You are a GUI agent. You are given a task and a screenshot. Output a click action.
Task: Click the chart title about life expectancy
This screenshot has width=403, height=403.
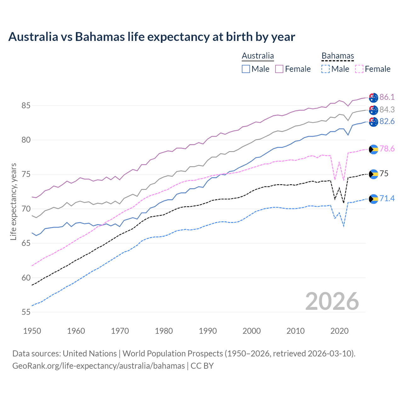[x=151, y=37]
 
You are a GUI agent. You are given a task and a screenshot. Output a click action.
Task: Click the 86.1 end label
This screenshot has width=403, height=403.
[x=387, y=97]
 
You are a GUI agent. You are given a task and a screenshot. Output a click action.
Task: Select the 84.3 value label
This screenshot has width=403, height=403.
[x=387, y=110]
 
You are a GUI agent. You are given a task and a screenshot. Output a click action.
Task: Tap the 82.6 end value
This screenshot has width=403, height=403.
[x=387, y=122]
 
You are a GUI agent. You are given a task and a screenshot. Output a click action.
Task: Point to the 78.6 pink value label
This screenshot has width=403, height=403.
[x=387, y=149]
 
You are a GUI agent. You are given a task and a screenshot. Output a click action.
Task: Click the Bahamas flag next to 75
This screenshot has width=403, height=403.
[x=373, y=174]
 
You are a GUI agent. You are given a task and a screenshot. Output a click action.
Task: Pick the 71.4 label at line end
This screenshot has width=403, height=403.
[x=387, y=198]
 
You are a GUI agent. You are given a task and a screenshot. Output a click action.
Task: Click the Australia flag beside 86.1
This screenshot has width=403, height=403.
[x=373, y=98]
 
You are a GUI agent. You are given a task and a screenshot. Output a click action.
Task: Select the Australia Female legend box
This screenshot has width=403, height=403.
[x=279, y=69]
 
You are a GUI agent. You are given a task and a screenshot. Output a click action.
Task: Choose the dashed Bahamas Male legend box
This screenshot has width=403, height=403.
[x=326, y=69]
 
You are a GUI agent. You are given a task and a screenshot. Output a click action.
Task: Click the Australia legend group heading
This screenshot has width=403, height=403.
[x=258, y=56]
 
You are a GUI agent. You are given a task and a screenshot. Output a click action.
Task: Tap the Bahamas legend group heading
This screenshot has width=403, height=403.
[x=338, y=56]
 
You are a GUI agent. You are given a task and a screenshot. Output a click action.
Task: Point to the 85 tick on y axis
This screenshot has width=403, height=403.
[x=26, y=105]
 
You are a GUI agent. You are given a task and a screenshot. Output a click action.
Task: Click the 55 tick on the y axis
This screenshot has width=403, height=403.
[x=26, y=312]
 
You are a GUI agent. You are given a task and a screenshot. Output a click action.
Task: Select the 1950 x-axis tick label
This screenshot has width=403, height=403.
[x=32, y=331]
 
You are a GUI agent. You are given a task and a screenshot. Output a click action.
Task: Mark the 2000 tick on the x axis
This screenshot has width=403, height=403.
[x=252, y=331]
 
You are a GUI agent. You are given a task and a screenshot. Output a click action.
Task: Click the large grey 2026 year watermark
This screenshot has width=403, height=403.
[x=332, y=301]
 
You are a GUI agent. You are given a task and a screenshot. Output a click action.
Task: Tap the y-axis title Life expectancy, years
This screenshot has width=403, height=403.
[x=13, y=201]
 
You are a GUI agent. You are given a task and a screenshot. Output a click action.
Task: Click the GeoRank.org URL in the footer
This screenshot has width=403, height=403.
[x=99, y=366]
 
